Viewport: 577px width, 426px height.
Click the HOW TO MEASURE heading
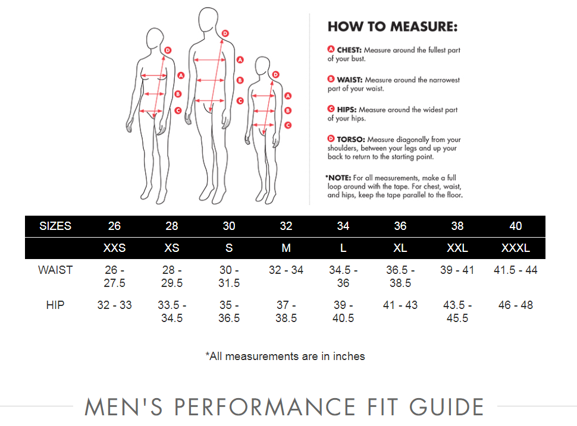coord(393,27)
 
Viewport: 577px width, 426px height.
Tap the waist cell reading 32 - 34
coord(286,270)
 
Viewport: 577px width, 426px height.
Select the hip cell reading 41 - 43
coord(400,305)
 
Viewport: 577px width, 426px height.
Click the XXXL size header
coord(515,248)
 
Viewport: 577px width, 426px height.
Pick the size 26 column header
coord(114,226)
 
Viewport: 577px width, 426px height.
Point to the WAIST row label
coord(55,270)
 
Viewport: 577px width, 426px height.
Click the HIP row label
coord(55,305)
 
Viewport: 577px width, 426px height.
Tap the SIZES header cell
coord(55,226)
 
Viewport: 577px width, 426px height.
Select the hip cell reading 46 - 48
coord(515,305)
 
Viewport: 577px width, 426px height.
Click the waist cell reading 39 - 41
coord(457,270)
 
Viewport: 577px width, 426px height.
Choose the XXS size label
coord(114,248)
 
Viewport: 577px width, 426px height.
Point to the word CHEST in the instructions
coord(350,51)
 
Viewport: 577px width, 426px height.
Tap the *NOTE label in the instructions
coord(338,178)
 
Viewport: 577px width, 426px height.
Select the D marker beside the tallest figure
coord(225,33)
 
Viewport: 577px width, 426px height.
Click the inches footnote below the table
coord(285,356)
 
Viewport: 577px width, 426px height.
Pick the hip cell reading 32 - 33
coord(114,305)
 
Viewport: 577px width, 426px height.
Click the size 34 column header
coord(343,226)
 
